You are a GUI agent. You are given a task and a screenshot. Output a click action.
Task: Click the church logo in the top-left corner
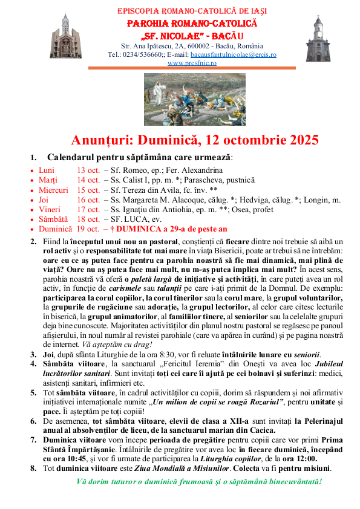[64, 36]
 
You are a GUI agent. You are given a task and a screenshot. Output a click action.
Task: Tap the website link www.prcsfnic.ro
[192, 63]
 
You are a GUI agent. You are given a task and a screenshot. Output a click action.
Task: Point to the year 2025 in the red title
[295, 140]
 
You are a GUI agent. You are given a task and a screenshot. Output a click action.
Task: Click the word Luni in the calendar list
[46, 170]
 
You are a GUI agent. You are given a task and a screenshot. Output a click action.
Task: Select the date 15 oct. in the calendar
[88, 190]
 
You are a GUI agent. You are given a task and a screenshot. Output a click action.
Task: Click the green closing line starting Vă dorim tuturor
[199, 482]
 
